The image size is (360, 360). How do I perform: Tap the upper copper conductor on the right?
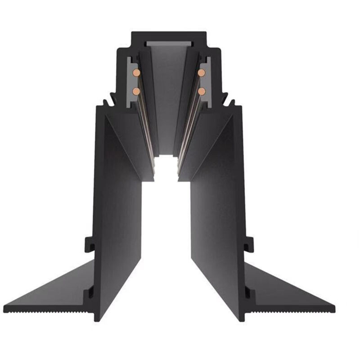point(201,72)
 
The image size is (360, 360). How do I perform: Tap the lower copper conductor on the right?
point(201,91)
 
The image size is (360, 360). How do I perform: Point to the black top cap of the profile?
point(169,36)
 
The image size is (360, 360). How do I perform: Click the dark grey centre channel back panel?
point(168,99)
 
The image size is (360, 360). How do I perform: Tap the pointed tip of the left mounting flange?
point(5,309)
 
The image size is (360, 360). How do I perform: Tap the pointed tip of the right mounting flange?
point(333,309)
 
